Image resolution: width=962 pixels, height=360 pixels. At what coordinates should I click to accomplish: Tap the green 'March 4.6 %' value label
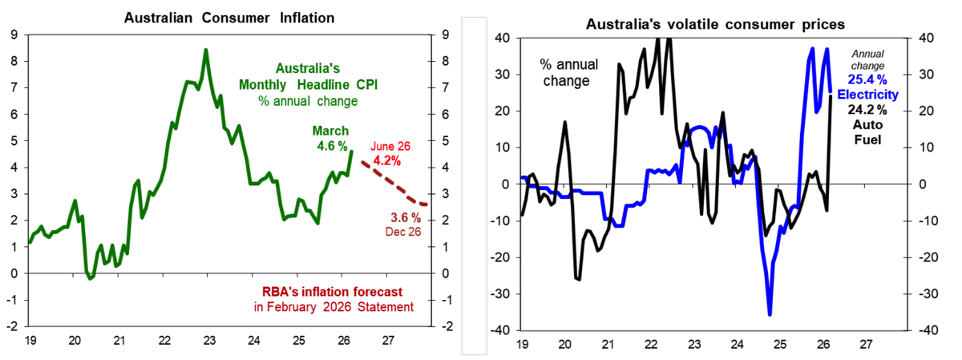(330, 138)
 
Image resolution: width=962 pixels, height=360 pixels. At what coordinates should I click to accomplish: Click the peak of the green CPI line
(206, 50)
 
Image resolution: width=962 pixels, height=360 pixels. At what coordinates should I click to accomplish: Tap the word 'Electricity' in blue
(868, 95)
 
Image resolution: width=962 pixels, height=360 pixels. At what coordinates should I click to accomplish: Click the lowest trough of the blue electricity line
(770, 314)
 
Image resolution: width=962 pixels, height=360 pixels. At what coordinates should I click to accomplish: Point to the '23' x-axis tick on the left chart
(208, 339)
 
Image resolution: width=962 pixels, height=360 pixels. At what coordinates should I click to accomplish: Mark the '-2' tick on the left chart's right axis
(445, 326)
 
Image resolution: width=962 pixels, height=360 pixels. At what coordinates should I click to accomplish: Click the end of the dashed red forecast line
(426, 205)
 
